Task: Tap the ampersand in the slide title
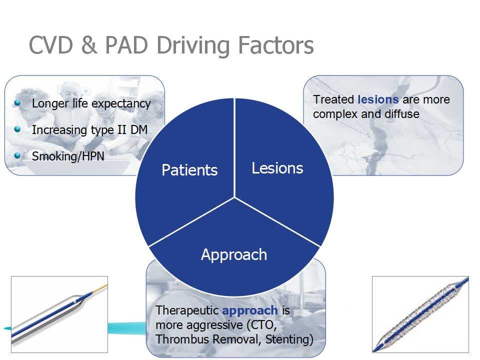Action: [x=88, y=45]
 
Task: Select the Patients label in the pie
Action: [x=189, y=170]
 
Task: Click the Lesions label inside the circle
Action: [x=277, y=168]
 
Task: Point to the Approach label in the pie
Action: [x=234, y=254]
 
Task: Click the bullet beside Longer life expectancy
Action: [x=18, y=102]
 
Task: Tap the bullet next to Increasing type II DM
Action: [x=18, y=129]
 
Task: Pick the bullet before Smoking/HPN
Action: [x=18, y=155]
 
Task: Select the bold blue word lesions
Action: [x=378, y=99]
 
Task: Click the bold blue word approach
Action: [x=250, y=310]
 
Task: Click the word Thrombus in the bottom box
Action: [x=178, y=339]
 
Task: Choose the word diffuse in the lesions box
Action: [x=402, y=114]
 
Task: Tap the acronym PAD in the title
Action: [x=127, y=45]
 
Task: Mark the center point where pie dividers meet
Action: [x=235, y=196]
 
